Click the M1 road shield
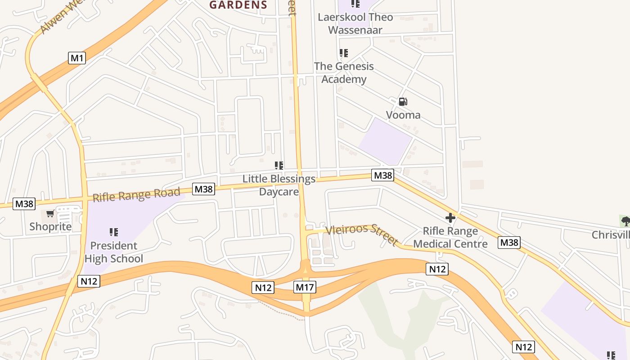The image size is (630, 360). pyautogui.click(x=77, y=58)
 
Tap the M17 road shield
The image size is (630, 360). pyautogui.click(x=305, y=287)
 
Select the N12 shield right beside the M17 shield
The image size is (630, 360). pyautogui.click(x=263, y=288)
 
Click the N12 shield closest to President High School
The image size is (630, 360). pyautogui.click(x=89, y=281)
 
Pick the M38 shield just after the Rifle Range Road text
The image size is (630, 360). pyautogui.click(x=203, y=189)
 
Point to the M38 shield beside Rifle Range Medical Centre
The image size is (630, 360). pyautogui.click(x=509, y=243)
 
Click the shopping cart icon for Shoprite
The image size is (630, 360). pyautogui.click(x=50, y=214)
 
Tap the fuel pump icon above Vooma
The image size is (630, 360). pyautogui.click(x=403, y=102)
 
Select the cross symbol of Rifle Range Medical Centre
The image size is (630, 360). pyautogui.click(x=450, y=218)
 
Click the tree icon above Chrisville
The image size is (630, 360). pyautogui.click(x=625, y=221)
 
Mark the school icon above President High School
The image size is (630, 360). pyautogui.click(x=114, y=232)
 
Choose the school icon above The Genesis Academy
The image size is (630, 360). pyautogui.click(x=344, y=53)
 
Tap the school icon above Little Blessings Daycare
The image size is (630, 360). pyautogui.click(x=279, y=166)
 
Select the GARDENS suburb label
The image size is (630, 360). pyautogui.click(x=238, y=5)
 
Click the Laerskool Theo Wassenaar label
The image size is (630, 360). pyautogui.click(x=355, y=23)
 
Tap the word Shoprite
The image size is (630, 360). pyautogui.click(x=50, y=226)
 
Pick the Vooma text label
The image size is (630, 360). pyautogui.click(x=403, y=115)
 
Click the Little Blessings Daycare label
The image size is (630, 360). pyautogui.click(x=279, y=185)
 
